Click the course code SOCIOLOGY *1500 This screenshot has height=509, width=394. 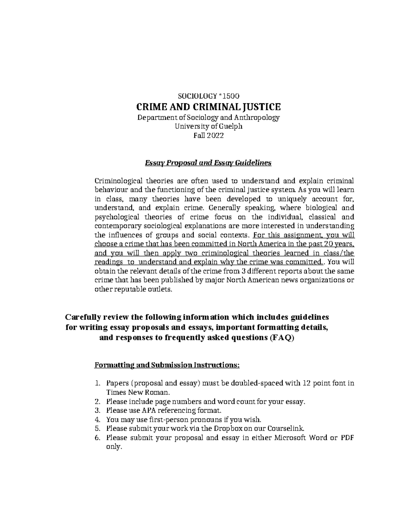pos(208,96)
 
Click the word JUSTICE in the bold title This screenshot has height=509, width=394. pos(262,107)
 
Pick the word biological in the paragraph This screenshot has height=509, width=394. pos(317,208)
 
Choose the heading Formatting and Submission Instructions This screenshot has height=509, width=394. pos(167,365)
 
